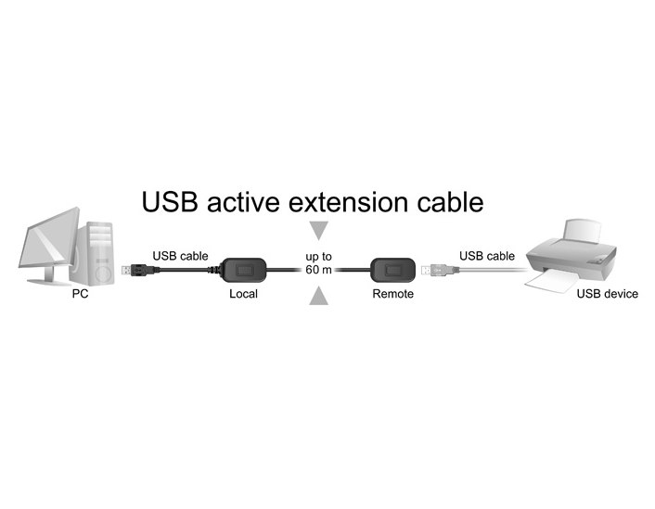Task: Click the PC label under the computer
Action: point(80,294)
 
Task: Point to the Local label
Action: point(243,294)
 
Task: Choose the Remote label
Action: point(392,294)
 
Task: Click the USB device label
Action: point(607,294)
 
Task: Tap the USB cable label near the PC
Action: point(180,255)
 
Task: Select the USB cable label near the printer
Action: point(486,255)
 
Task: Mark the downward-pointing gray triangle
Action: point(319,229)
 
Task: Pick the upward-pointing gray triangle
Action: point(319,296)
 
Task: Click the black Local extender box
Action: point(244,271)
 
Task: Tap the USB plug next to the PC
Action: point(131,270)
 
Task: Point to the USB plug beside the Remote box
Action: point(429,270)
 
